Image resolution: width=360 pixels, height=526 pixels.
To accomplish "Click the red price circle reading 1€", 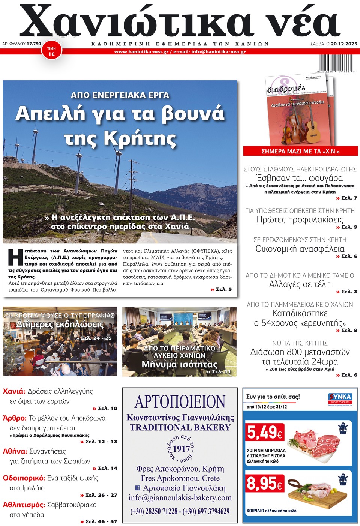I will point(51,51).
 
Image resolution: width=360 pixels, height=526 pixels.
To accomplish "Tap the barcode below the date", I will point(336,63).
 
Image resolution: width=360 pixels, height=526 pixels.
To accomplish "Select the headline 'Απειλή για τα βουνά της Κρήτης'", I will point(120,125).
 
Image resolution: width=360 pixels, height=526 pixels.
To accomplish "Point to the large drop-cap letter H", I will point(15,258).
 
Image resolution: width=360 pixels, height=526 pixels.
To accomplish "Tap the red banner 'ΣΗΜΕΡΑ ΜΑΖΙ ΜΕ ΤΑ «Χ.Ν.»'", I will point(300,151).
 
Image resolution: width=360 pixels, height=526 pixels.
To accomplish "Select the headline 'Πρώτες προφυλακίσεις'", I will point(300,219).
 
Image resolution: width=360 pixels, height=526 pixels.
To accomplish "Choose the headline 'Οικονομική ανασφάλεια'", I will point(300,249).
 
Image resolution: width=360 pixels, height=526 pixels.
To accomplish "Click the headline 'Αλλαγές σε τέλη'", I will point(300,284).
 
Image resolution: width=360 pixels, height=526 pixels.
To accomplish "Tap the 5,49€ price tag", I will point(265,433).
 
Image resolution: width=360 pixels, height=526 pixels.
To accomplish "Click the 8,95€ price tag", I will point(265,484).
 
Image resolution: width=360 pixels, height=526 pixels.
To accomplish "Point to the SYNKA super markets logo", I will point(340,398).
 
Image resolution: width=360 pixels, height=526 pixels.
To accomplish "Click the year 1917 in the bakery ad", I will point(181,449).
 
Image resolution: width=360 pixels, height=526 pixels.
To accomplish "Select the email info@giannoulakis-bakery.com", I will point(180,498).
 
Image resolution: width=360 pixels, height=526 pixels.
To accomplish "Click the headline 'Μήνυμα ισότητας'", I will point(179,364).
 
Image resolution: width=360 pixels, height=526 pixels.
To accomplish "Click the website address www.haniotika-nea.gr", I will point(141,52).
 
